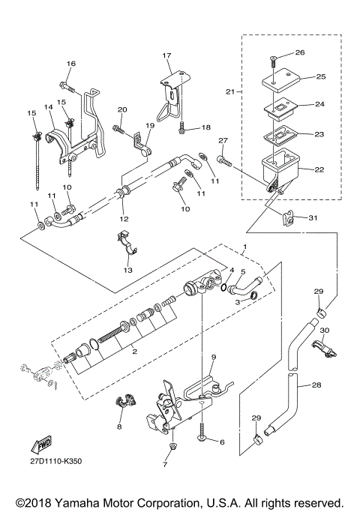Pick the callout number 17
coord(166,55)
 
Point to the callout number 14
coord(48,107)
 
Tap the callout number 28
coord(316,385)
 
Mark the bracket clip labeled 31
coord(287,218)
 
